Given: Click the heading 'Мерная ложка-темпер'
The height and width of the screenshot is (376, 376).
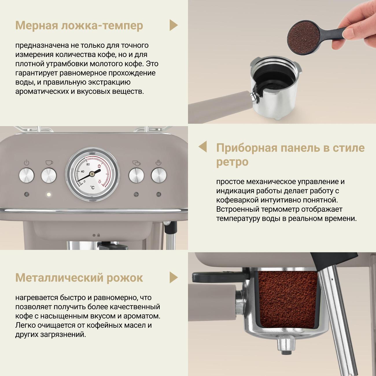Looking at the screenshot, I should pyautogui.click(x=79, y=25).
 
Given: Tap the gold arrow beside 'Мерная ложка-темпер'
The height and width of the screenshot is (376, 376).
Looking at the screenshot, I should pyautogui.click(x=173, y=25).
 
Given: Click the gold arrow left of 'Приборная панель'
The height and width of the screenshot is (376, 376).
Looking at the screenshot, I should pyautogui.click(x=203, y=147).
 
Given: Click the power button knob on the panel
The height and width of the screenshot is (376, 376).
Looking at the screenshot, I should pyautogui.click(x=26, y=175).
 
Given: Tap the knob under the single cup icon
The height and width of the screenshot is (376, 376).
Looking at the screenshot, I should pyautogui.click(x=49, y=175).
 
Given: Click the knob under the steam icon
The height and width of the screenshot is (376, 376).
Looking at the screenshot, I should pyautogui.click(x=159, y=175).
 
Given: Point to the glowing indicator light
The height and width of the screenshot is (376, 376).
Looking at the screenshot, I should pyautogui.click(x=49, y=194).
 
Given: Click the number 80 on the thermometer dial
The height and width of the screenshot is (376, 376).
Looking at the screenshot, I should pyautogui.click(x=88, y=164).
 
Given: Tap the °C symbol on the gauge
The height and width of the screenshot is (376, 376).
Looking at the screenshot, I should pyautogui.click(x=92, y=188).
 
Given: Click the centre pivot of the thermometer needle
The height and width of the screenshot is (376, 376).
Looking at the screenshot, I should pyautogui.click(x=91, y=174).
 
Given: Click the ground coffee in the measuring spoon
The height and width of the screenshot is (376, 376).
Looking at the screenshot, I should pyautogui.click(x=303, y=37).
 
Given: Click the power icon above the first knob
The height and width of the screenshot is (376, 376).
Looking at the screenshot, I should pyautogui.click(x=26, y=163).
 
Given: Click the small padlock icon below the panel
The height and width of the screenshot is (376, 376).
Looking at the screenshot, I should pyautogui.click(x=99, y=235).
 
